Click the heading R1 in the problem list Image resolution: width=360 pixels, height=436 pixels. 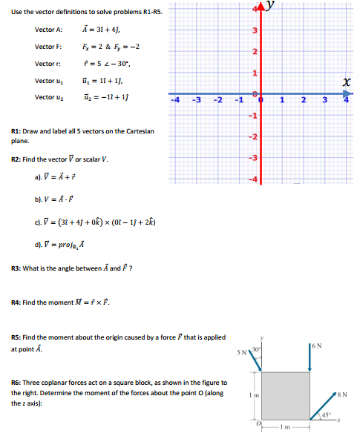coord(16,131)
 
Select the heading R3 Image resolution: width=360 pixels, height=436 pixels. coord(16,267)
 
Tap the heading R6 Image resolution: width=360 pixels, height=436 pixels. coord(16,383)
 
